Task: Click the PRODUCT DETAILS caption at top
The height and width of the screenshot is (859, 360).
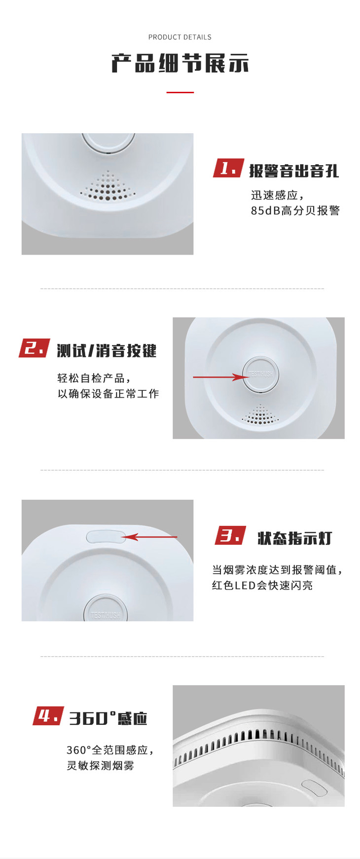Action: pyautogui.click(x=180, y=37)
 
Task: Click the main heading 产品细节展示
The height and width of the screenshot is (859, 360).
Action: pyautogui.click(x=180, y=64)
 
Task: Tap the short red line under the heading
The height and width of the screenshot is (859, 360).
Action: pyautogui.click(x=180, y=92)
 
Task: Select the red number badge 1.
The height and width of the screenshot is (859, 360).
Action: pyautogui.click(x=228, y=168)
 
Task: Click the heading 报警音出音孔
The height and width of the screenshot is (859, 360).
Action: pyautogui.click(x=294, y=171)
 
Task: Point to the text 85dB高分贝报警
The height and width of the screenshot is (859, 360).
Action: pyautogui.click(x=295, y=211)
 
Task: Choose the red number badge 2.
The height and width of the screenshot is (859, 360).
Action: pyautogui.click(x=34, y=348)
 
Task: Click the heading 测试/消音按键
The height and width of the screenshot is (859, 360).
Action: pyautogui.click(x=107, y=351)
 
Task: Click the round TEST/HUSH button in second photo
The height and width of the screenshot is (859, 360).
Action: pyautogui.click(x=260, y=374)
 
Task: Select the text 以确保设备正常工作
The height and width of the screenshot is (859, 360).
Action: pyautogui.click(x=108, y=394)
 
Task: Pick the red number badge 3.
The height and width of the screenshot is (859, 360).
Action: pyautogui.click(x=230, y=535)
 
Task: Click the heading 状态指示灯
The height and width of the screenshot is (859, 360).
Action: pyautogui.click(x=295, y=538)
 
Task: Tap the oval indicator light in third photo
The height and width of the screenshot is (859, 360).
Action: pyautogui.click(x=106, y=536)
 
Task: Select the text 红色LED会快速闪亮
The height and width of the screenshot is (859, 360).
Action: pyautogui.click(x=262, y=586)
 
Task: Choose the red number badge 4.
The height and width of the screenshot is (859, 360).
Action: pyautogui.click(x=48, y=716)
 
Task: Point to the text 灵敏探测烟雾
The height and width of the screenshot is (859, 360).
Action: pyautogui.click(x=101, y=766)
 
